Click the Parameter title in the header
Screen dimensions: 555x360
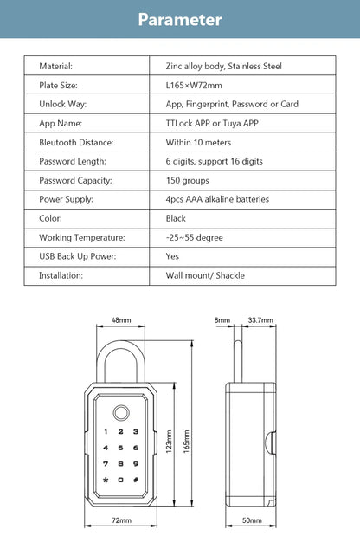tap(180, 19)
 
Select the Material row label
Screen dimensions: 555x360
tap(55, 66)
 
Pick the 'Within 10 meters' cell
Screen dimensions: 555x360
tap(199, 142)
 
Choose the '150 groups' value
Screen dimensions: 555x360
tap(188, 180)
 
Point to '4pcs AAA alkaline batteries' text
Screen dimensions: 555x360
tap(217, 199)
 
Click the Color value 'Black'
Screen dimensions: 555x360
tap(176, 218)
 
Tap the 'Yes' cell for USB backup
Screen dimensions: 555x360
tap(172, 256)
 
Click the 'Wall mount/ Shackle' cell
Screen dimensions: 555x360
tap(205, 275)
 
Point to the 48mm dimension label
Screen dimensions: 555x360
tap(121, 320)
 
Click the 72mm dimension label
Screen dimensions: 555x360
tap(121, 520)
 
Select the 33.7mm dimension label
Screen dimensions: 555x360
tap(258, 320)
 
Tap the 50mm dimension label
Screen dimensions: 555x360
tap(251, 520)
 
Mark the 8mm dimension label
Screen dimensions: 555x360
tap(223, 320)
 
